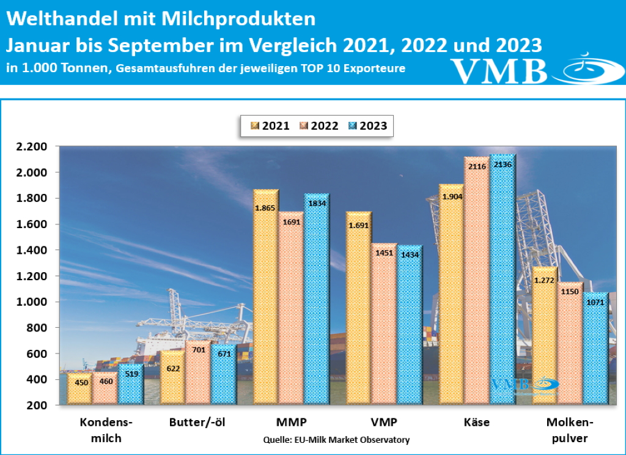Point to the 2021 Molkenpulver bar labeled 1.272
(x=544, y=336)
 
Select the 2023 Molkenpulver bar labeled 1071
(x=595, y=349)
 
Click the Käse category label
(x=477, y=423)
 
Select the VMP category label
(x=384, y=423)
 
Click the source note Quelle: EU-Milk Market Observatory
(x=336, y=440)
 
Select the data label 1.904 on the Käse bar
(x=452, y=197)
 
